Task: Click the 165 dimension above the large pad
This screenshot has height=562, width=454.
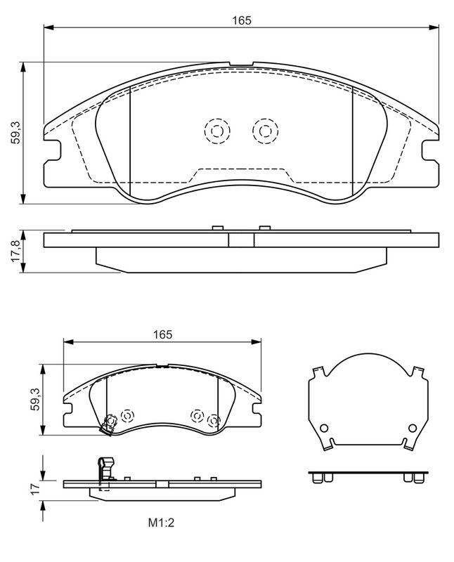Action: [242, 20]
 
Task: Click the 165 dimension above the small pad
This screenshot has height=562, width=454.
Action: [163, 334]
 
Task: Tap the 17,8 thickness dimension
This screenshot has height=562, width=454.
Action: [15, 251]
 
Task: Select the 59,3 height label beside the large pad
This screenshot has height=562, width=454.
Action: [15, 133]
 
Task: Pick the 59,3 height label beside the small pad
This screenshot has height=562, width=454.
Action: [34, 399]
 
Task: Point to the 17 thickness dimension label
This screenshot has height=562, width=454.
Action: [34, 490]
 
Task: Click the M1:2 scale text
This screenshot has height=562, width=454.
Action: [161, 523]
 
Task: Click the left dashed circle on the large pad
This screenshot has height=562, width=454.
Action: [217, 131]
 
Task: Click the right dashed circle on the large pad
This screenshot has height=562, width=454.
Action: [266, 131]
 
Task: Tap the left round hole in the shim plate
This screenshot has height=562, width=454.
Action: [324, 428]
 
